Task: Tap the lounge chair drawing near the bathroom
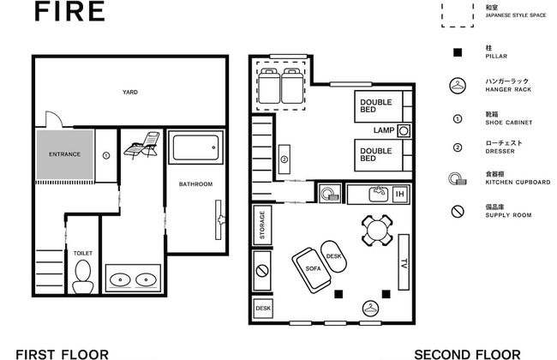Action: pyautogui.click(x=142, y=144)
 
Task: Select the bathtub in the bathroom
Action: pyautogui.click(x=195, y=147)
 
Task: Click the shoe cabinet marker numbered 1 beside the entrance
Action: pyautogui.click(x=106, y=155)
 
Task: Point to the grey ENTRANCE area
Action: pyautogui.click(x=64, y=154)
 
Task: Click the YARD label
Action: pyautogui.click(x=130, y=92)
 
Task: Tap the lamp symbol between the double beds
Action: pyautogui.click(x=404, y=131)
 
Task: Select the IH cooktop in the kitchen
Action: pyautogui.click(x=400, y=194)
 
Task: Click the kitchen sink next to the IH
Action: pyautogui.click(x=379, y=194)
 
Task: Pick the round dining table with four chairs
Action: pyautogui.click(x=377, y=231)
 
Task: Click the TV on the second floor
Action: pyautogui.click(x=404, y=262)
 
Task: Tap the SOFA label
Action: pyautogui.click(x=313, y=268)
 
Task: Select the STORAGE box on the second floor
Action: pyautogui.click(x=262, y=225)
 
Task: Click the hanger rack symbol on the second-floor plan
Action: pyautogui.click(x=370, y=309)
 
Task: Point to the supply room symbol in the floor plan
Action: pyautogui.click(x=262, y=271)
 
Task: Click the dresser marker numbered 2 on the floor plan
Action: pyautogui.click(x=284, y=159)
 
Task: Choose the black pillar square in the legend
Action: pyautogui.click(x=458, y=52)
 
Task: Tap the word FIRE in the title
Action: pyautogui.click(x=69, y=11)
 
